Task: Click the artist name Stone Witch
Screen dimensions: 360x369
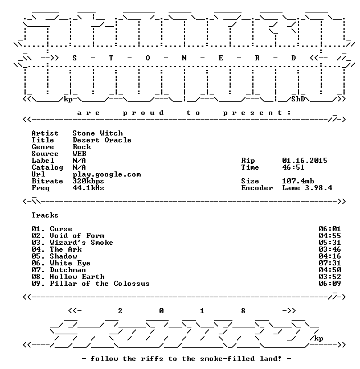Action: click(97, 133)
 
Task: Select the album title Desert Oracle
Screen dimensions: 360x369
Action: click(102, 140)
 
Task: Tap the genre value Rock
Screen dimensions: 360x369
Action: click(81, 147)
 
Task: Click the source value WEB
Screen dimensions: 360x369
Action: click(79, 154)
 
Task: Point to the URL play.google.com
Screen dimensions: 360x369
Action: click(107, 174)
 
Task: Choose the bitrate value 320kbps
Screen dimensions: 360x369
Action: click(88, 181)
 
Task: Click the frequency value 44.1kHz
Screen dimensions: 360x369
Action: click(88, 188)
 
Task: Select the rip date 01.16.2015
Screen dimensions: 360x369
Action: click(305, 161)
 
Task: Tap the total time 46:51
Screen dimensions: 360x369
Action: click(293, 167)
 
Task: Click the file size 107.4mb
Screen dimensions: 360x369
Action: click(298, 181)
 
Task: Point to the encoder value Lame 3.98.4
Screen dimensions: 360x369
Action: click(307, 188)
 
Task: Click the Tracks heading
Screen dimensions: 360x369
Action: click(45, 215)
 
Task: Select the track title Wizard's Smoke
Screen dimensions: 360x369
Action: click(81, 243)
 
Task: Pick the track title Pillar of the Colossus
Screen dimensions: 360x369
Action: click(100, 284)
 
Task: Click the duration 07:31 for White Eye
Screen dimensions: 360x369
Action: click(330, 263)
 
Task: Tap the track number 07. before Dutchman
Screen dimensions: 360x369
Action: click(38, 270)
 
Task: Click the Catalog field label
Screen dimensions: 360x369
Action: click(47, 167)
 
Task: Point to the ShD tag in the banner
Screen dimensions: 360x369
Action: click(298, 99)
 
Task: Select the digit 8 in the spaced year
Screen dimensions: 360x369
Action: click(243, 311)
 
